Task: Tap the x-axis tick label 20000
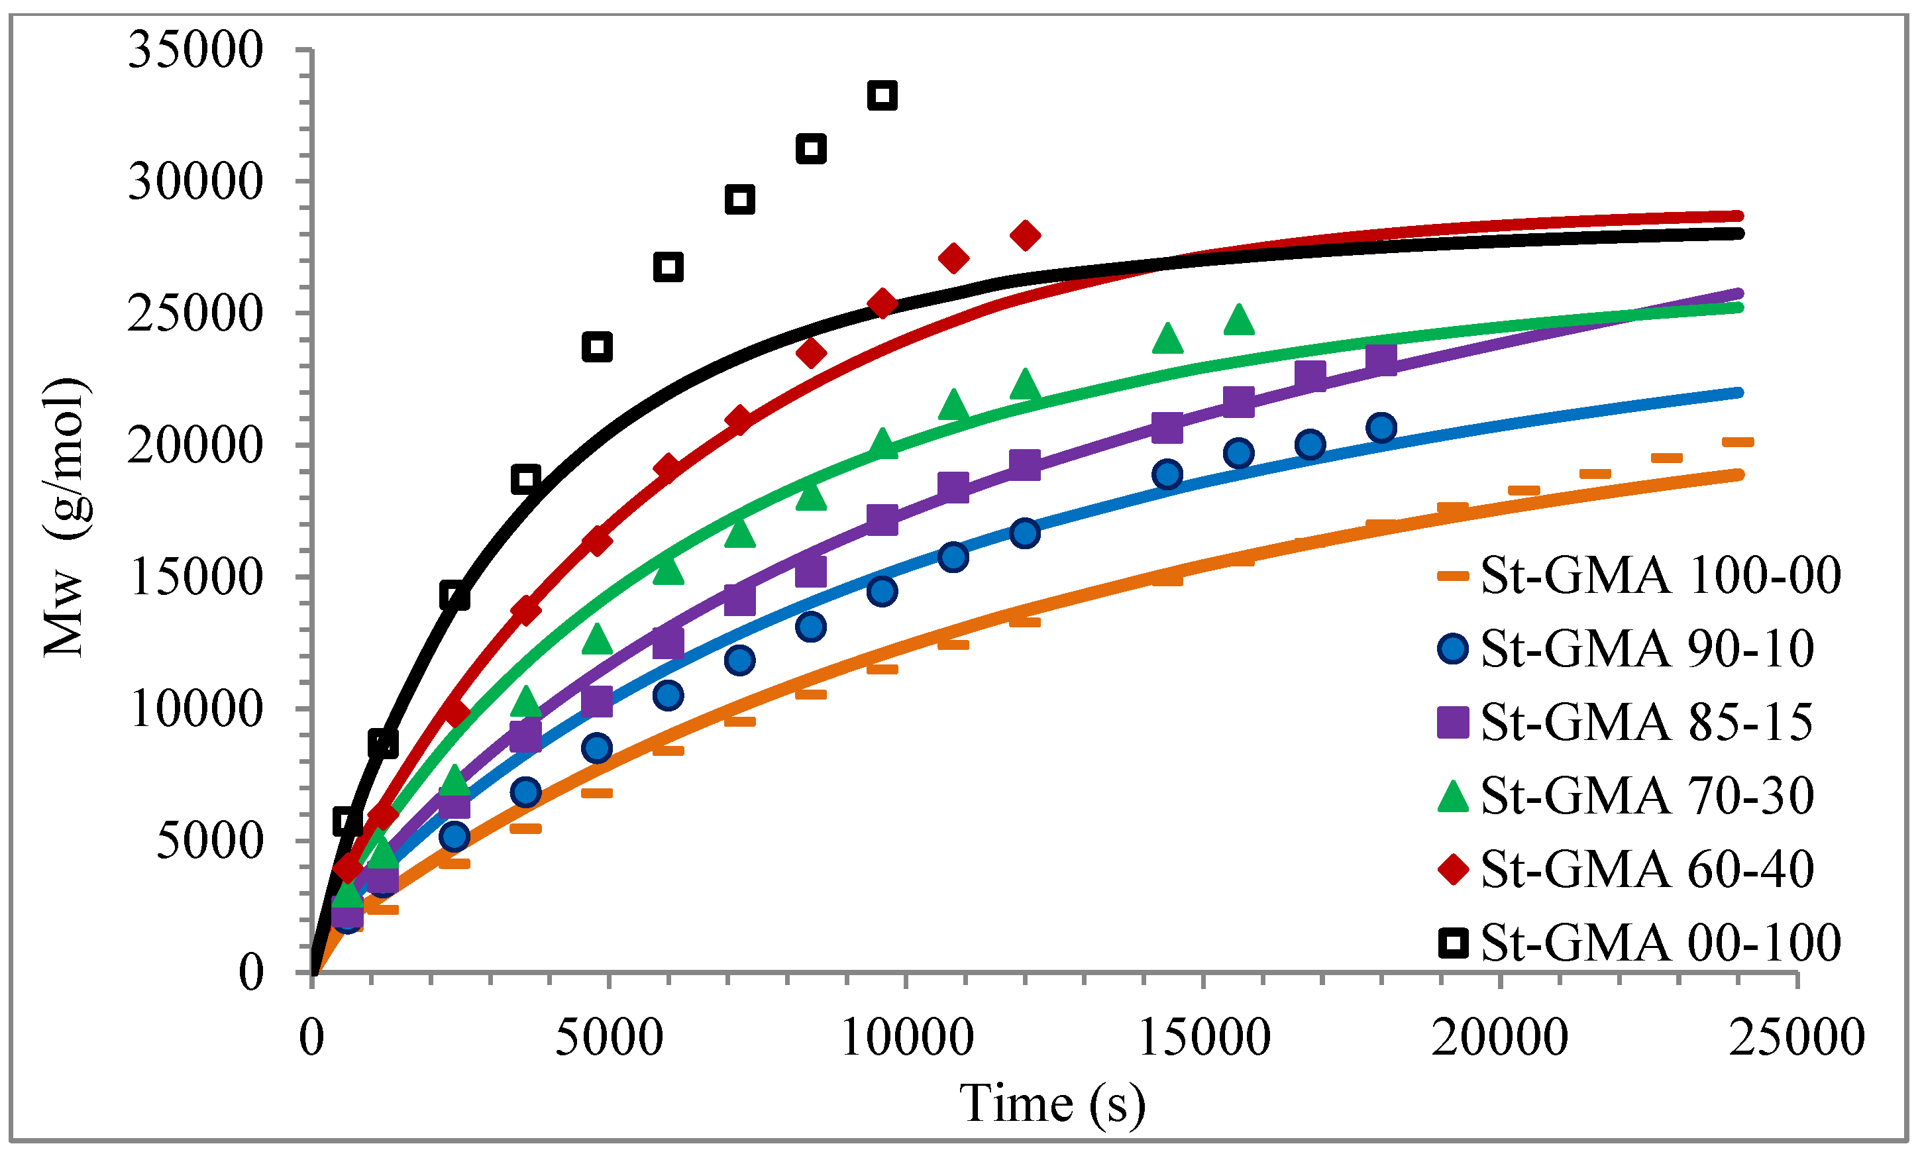click(x=1500, y=1037)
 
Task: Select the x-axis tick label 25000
click(x=1796, y=1037)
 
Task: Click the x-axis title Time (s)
click(x=1053, y=1104)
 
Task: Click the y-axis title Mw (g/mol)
click(x=66, y=517)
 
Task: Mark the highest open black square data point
click(x=882, y=95)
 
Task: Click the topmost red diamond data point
click(x=1026, y=235)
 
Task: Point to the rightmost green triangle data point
click(x=1239, y=319)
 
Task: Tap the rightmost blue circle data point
click(x=1381, y=428)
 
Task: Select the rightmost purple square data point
click(x=1381, y=360)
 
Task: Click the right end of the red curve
click(x=1739, y=216)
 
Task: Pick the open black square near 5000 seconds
click(x=596, y=347)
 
